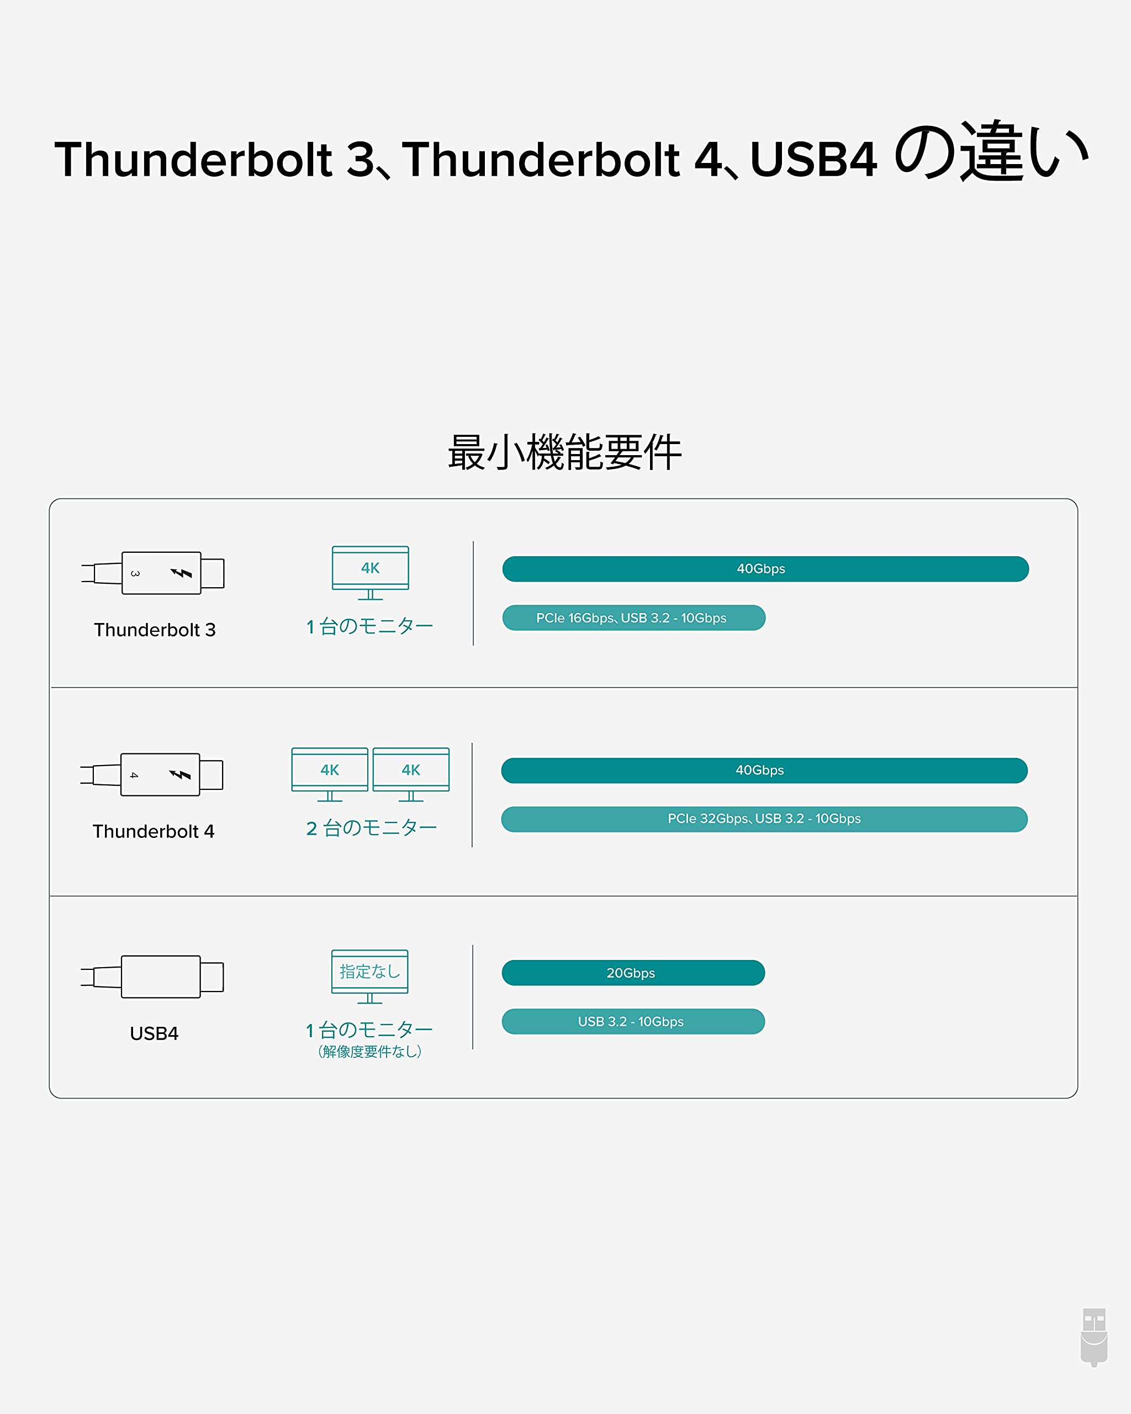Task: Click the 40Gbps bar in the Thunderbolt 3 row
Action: tap(765, 568)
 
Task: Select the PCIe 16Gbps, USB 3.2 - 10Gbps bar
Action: tap(633, 618)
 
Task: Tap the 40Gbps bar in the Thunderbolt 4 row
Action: tap(764, 770)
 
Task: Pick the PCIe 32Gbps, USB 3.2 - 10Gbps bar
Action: tap(764, 819)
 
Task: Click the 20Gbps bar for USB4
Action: tap(633, 973)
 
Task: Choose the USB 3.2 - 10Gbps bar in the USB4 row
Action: tap(633, 1021)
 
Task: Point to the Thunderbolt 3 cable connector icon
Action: tap(154, 573)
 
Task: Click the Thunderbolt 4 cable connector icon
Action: tap(152, 774)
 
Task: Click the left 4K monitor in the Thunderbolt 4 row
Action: tap(330, 774)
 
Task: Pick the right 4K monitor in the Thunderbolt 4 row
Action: tap(411, 774)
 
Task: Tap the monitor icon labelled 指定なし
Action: tap(370, 976)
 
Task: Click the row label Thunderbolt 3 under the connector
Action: tap(155, 630)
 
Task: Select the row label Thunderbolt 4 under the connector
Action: tap(154, 831)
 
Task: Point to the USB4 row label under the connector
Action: tap(154, 1033)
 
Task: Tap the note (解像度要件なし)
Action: tap(370, 1051)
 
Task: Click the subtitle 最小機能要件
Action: tap(564, 452)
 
